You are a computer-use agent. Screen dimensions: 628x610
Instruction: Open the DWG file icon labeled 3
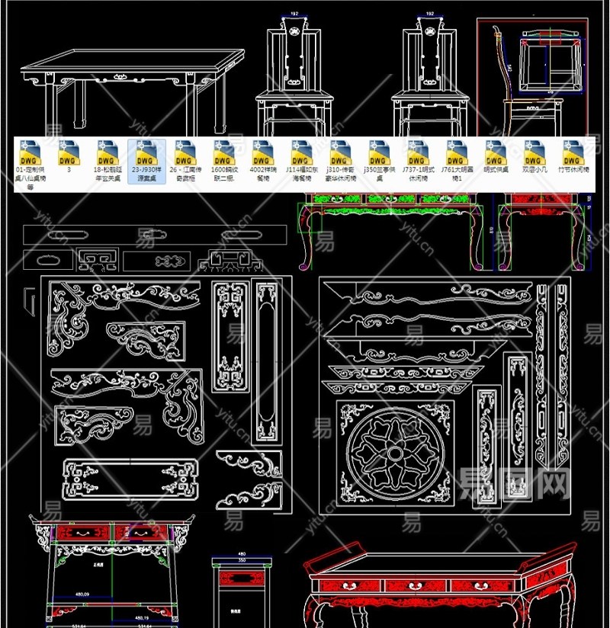69,151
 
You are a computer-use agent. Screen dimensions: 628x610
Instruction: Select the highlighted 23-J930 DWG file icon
146,151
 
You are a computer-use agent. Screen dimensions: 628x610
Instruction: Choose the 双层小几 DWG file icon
535,151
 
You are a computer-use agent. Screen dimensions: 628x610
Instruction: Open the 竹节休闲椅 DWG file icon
573,151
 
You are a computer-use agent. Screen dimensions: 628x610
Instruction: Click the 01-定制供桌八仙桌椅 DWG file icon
30,151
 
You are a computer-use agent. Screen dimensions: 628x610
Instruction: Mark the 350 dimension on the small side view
242,560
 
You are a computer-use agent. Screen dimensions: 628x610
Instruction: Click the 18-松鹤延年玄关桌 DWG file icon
107,151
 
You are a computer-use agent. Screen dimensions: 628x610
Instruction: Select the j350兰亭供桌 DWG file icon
377,151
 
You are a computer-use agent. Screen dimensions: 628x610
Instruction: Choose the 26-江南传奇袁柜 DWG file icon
184,151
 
